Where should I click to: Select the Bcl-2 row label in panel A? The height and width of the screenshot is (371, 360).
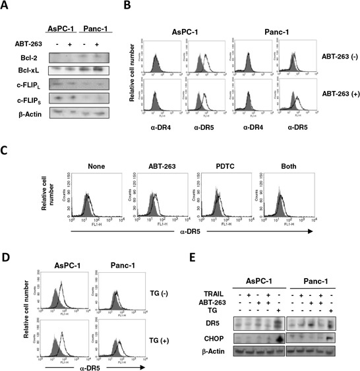click(27, 57)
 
